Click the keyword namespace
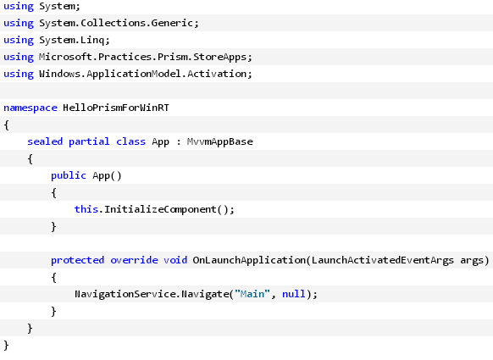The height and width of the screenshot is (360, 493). point(30,108)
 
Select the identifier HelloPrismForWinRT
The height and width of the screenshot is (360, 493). point(116,108)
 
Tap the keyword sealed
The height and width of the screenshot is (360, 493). point(45,141)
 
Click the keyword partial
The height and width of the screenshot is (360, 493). point(89,141)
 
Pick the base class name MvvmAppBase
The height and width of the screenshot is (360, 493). point(219,141)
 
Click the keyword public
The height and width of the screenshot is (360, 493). point(69,175)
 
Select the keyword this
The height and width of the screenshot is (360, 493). point(86,209)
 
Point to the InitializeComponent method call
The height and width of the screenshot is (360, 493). point(160,209)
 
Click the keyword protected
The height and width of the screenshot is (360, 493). point(78,260)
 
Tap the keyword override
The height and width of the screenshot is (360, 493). point(134,260)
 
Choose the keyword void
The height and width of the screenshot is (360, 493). point(175,260)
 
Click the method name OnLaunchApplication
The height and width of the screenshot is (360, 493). point(249,260)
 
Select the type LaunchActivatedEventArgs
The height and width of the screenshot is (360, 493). point(383,260)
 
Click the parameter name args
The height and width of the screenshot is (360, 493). point(472,261)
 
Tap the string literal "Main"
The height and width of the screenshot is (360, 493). point(252,294)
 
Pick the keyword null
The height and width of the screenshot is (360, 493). point(294,294)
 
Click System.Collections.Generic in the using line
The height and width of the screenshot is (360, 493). point(116,23)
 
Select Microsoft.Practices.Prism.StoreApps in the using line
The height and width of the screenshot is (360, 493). point(143,58)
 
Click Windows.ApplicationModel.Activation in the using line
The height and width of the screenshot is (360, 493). point(143,74)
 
